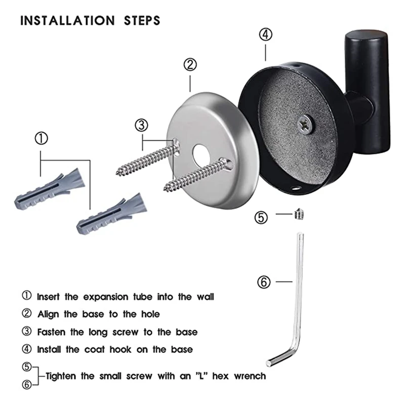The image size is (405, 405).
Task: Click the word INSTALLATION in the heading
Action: [x=67, y=21]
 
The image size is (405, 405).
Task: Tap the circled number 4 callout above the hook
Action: [x=266, y=34]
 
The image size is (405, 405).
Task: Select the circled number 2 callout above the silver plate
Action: [x=190, y=65]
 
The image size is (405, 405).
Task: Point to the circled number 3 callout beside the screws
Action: [x=142, y=125]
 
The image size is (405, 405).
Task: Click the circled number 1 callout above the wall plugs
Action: [x=40, y=138]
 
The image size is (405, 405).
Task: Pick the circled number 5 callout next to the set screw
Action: [x=261, y=217]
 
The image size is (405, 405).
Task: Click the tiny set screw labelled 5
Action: [x=298, y=216]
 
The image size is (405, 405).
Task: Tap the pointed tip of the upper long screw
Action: [x=119, y=173]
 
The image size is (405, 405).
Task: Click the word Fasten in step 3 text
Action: [x=53, y=332]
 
